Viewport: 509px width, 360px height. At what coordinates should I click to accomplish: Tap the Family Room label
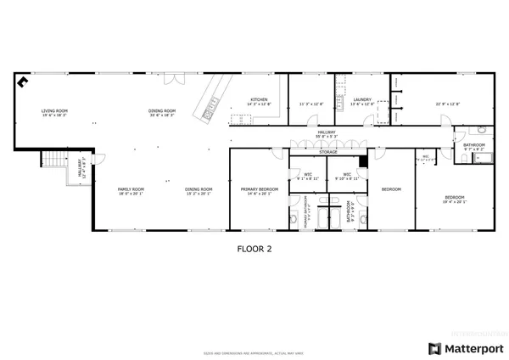131,191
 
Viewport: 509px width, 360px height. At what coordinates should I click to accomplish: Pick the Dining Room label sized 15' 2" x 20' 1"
199,191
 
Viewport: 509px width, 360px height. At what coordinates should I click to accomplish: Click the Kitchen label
259,101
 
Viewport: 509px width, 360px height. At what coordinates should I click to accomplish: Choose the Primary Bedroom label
259,191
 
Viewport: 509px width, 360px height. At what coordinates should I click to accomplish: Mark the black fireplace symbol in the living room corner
22,82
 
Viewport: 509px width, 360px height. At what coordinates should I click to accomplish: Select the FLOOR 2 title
254,250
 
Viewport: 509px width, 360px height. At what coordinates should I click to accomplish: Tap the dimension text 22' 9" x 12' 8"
448,104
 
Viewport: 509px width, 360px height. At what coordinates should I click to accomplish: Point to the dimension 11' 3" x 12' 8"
311,104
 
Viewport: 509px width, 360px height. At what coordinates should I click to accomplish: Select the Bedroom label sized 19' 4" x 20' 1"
456,200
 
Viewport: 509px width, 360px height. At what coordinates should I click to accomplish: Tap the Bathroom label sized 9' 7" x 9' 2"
474,147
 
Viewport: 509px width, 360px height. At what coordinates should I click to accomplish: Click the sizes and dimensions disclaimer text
254,352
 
